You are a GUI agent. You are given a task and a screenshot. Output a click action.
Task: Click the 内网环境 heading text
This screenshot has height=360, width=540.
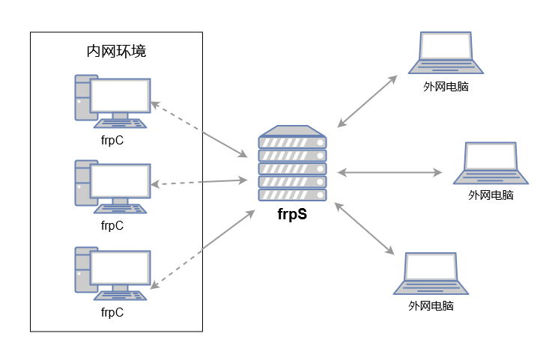pos(116,52)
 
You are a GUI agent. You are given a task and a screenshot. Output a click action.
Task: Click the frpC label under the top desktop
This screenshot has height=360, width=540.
pos(112,138)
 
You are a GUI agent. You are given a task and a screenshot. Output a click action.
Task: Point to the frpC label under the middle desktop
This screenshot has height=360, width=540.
pos(112,225)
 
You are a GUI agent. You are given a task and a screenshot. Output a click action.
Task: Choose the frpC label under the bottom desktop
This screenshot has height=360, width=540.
pos(112,312)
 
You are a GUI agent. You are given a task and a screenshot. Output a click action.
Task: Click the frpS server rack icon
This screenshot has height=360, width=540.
pos(293,164)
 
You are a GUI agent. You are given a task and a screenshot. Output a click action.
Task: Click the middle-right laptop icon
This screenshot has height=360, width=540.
pos(491,162)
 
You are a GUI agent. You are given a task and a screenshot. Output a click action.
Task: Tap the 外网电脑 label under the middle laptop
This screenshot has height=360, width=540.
pos(491,195)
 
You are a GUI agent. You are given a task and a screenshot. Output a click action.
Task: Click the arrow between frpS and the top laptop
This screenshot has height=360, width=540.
pos(367,101)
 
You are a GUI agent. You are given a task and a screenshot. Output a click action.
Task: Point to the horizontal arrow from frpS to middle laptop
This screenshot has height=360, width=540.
pos(389,173)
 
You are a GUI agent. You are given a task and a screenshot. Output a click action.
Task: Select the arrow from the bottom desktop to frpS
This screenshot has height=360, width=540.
pos(199,249)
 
